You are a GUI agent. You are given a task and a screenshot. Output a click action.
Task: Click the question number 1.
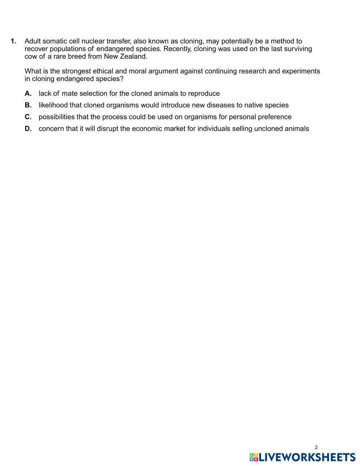coord(14,41)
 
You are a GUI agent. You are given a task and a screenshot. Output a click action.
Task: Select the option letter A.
coord(28,94)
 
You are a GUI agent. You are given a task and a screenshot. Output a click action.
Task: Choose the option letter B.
coord(28,105)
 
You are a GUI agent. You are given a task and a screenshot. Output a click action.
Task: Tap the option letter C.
coord(28,117)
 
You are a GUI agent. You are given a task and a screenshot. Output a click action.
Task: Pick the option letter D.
coord(28,129)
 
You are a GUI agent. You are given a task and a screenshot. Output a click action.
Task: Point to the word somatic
coord(55,41)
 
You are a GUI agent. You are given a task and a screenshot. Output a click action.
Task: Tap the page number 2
coord(316,448)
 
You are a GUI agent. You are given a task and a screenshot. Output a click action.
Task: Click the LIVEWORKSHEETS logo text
coord(307,457)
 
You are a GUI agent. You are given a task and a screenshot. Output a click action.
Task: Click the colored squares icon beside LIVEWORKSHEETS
coord(254,457)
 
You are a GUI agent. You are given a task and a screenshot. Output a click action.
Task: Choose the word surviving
coord(298,49)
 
